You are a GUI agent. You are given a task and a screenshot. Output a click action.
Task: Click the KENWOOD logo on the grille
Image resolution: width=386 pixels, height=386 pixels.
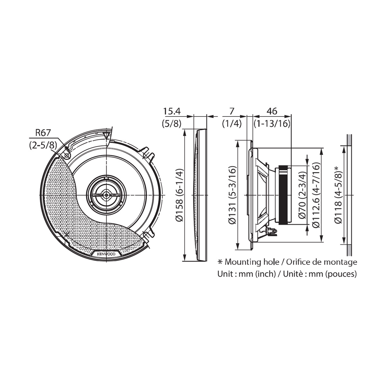click(106, 254)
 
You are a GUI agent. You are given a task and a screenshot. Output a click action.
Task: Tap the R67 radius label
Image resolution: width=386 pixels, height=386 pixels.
click(43, 133)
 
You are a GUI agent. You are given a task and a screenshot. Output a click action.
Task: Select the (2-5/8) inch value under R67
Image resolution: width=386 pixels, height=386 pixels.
click(43, 145)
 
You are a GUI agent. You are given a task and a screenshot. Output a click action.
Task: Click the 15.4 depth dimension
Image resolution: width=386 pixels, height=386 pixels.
click(172, 111)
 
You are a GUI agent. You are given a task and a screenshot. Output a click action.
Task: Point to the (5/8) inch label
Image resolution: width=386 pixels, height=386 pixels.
click(172, 124)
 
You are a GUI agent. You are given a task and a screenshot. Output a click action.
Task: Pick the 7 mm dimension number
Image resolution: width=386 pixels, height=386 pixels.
click(232, 111)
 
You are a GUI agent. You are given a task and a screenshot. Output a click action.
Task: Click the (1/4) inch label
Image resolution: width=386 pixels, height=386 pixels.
click(232, 124)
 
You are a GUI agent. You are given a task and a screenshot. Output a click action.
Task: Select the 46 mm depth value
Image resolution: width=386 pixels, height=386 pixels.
click(272, 111)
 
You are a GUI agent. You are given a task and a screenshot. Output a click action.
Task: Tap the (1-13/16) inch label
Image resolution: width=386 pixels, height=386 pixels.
click(272, 124)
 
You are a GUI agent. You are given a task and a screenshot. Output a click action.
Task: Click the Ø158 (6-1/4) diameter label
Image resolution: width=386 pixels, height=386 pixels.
click(179, 195)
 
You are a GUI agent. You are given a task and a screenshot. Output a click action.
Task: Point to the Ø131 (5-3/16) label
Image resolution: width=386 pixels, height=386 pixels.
click(233, 195)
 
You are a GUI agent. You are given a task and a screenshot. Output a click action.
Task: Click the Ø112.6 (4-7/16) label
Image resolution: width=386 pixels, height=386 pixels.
click(316, 195)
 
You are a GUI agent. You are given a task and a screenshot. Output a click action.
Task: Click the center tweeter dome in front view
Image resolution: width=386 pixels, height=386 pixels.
click(106, 195)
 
